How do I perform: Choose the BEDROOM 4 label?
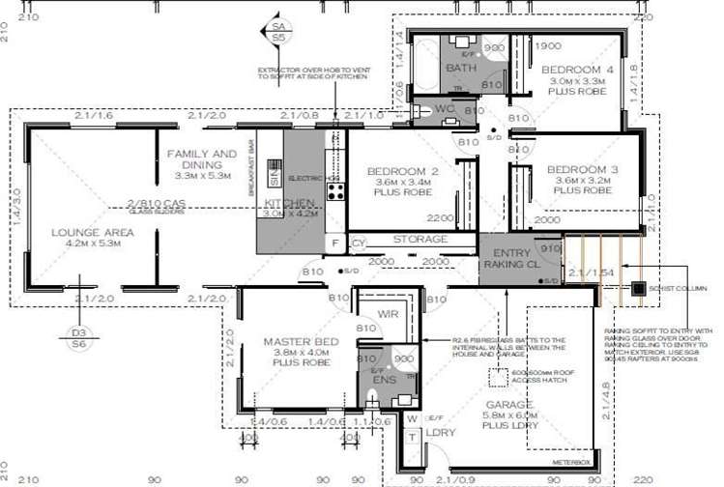coord(576,70)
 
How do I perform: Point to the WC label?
coord(445,109)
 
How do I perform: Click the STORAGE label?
coord(420,239)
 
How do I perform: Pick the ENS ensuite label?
coord(383,381)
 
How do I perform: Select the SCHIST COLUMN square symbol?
coord(638,288)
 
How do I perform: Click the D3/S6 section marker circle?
coord(78,336)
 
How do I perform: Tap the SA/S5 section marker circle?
coord(278,31)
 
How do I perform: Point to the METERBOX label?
coord(571,463)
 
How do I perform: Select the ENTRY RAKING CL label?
coord(506,256)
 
